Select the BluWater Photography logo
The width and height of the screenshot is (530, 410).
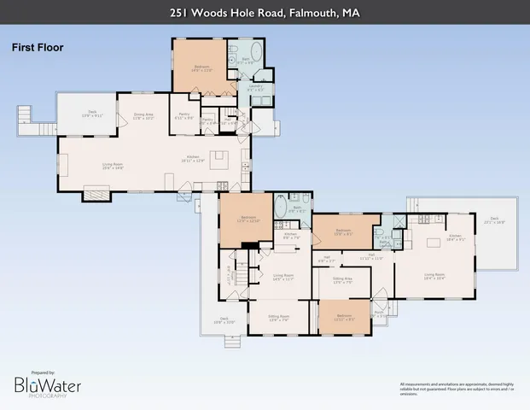[48, 387]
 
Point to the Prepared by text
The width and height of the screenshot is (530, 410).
[43, 372]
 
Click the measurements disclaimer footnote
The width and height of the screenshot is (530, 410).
[457, 389]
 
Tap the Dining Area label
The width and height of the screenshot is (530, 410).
[143, 116]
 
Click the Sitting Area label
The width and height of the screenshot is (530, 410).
[343, 279]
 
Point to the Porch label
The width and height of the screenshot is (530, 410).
[380, 312]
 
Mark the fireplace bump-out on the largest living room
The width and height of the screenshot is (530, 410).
[96, 196]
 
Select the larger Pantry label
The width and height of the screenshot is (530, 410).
[184, 116]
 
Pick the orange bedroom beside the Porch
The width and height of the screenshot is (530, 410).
[344, 316]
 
